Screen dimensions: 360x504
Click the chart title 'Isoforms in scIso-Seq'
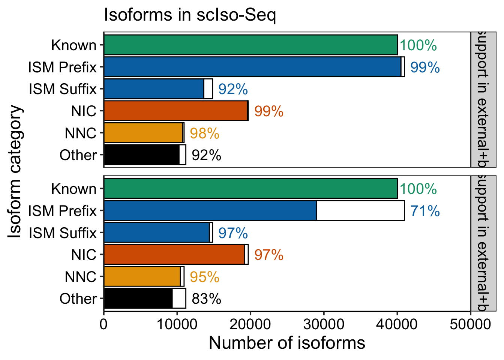click(x=190, y=15)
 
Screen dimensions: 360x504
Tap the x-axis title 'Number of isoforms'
click(x=287, y=343)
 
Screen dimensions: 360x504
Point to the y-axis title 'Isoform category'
click(x=16, y=171)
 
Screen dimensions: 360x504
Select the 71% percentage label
click(x=425, y=211)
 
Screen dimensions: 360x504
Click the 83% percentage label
click(x=206, y=299)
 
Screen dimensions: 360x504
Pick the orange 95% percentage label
click(x=204, y=277)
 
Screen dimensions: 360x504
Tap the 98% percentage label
click(x=204, y=133)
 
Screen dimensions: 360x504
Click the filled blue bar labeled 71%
click(x=210, y=211)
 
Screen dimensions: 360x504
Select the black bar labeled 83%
click(x=138, y=298)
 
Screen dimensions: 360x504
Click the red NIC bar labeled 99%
click(x=175, y=111)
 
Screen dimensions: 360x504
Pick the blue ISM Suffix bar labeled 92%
click(x=154, y=89)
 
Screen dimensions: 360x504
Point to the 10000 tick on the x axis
click(x=177, y=324)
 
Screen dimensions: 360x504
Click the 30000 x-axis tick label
click(x=324, y=324)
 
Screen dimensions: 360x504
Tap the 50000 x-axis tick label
click(x=470, y=324)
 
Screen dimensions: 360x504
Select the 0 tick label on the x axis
click(x=104, y=324)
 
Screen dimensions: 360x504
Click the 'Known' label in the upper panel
click(x=74, y=45)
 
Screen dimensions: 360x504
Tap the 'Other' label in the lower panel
click(x=78, y=299)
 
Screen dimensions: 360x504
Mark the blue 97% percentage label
click(x=233, y=233)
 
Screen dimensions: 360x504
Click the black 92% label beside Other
click(x=206, y=155)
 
